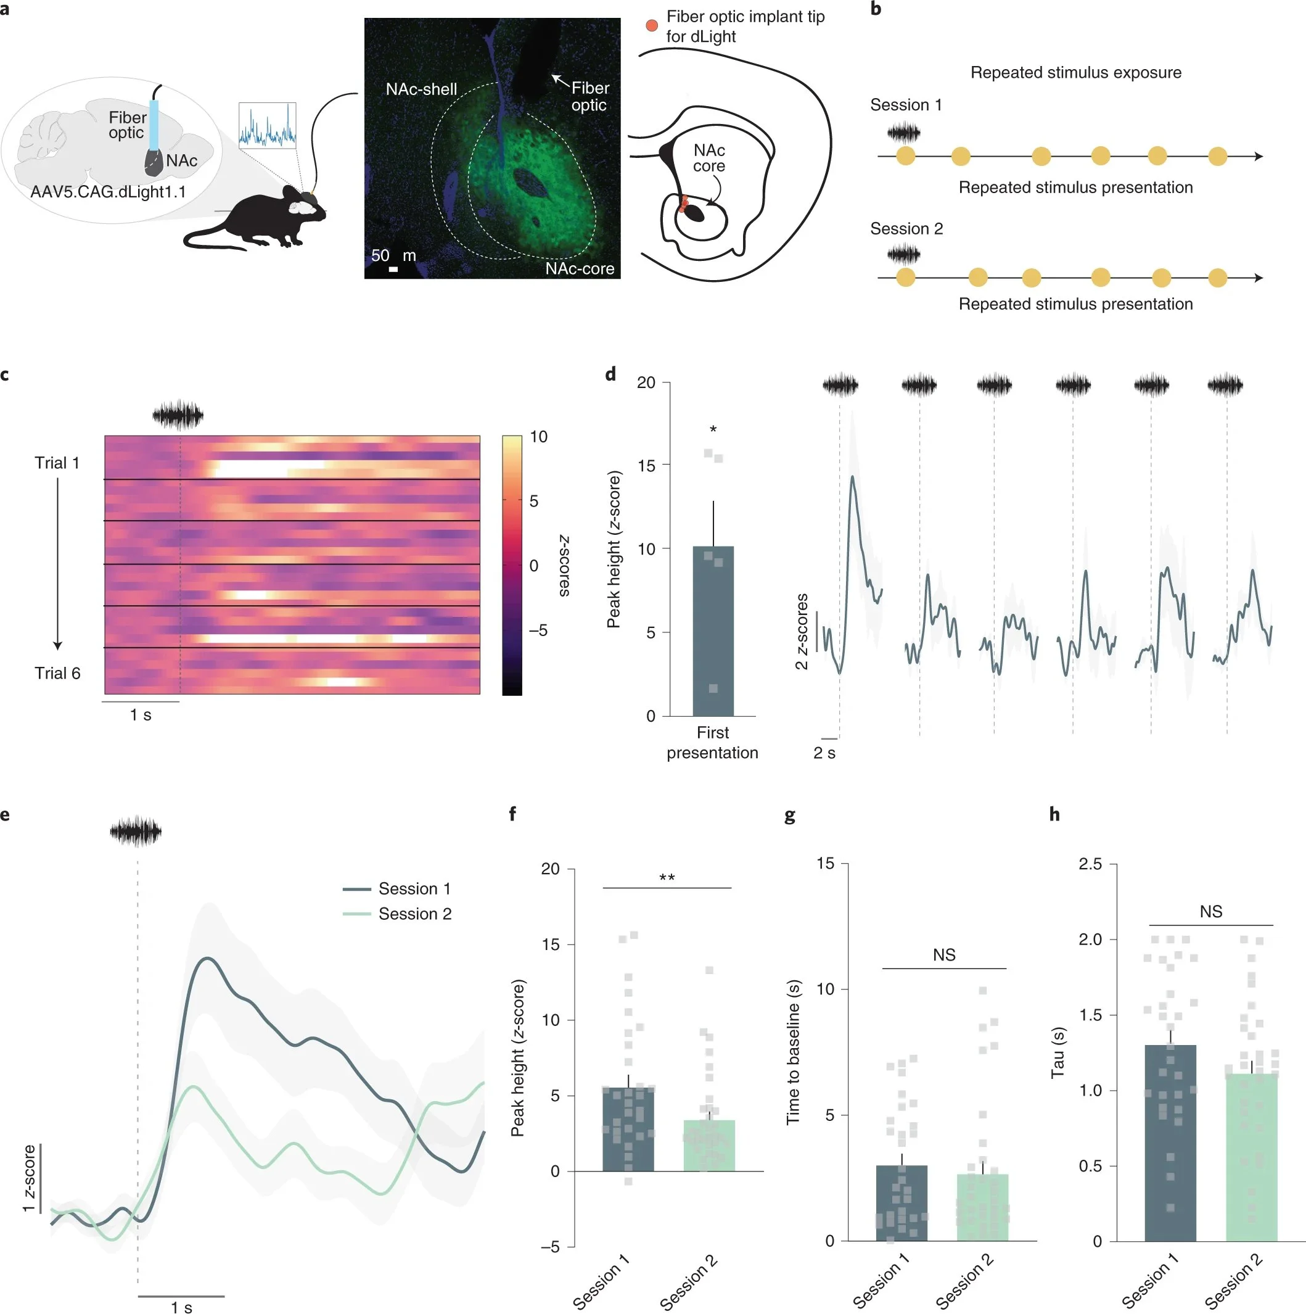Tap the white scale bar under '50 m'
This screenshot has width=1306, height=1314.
[393, 270]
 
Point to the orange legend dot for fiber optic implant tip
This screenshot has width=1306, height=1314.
[651, 25]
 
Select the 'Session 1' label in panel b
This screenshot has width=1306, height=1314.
[906, 105]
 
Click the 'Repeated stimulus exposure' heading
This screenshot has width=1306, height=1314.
[1075, 73]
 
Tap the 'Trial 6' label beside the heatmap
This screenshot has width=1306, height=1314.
[57, 672]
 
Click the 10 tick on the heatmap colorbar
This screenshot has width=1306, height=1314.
[538, 437]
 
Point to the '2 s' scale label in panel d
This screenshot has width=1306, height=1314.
[824, 753]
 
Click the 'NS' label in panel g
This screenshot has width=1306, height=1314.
[943, 955]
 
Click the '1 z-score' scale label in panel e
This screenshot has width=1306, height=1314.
[28, 1179]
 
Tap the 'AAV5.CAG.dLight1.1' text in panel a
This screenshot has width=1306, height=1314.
[107, 192]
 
